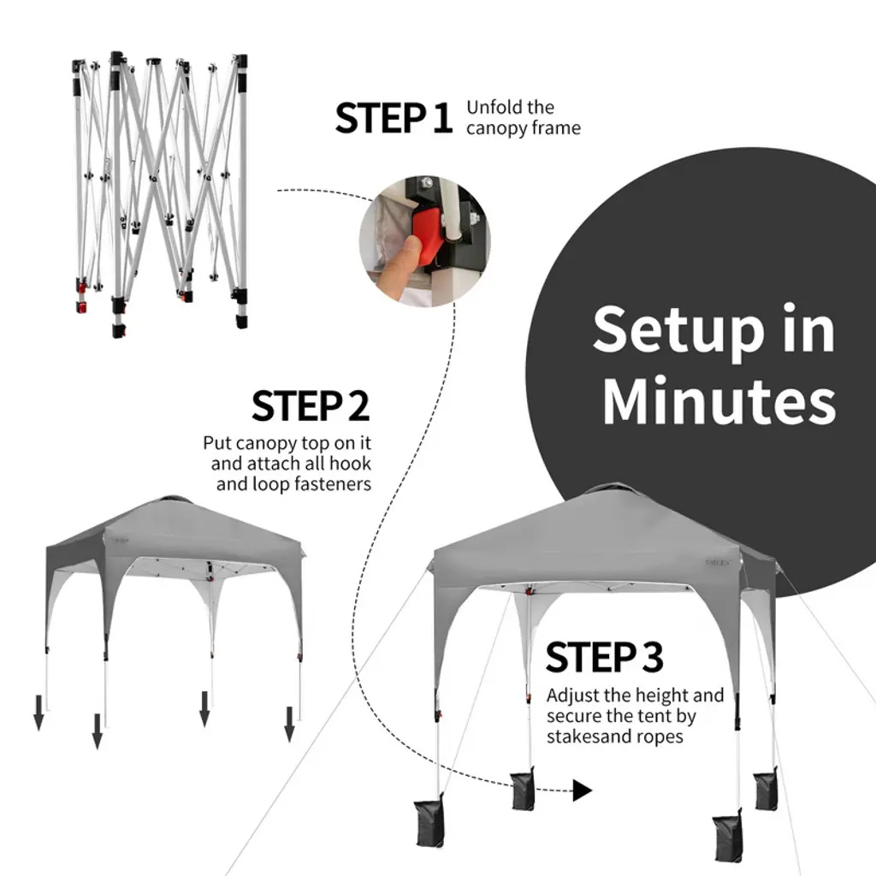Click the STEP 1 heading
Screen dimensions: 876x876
click(394, 118)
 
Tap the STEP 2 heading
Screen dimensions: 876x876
click(311, 406)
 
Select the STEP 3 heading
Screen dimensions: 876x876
click(605, 657)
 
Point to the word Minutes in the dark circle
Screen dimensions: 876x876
click(719, 400)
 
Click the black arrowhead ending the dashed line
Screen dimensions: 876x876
click(582, 790)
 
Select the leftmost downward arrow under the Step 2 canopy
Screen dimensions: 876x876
click(38, 713)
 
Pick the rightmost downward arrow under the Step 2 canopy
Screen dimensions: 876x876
click(289, 724)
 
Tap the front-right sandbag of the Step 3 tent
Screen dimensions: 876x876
click(728, 836)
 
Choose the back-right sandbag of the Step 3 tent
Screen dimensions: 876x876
click(765, 790)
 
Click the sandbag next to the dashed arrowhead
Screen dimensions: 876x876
click(523, 790)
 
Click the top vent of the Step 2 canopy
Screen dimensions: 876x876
click(174, 499)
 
